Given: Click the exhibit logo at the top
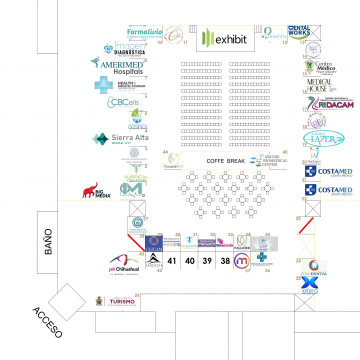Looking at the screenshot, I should (x=225, y=38).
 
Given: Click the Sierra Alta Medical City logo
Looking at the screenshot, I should (x=120, y=139).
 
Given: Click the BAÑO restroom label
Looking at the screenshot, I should (x=48, y=241).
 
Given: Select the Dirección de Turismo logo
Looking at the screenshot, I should (x=116, y=302).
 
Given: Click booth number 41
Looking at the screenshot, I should (x=172, y=260).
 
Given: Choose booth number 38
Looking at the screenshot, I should (x=225, y=260).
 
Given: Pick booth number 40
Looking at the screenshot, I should (x=190, y=260).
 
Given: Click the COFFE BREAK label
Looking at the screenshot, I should (x=225, y=161).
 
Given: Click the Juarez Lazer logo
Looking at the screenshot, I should (x=323, y=138).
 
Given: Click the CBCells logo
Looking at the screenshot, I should (x=122, y=102).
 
